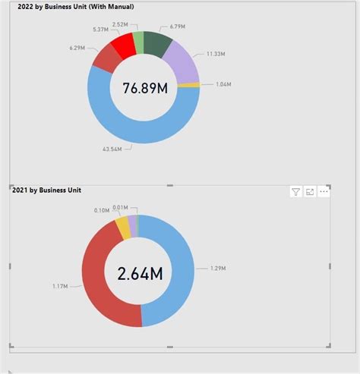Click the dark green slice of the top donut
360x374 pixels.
click(157, 44)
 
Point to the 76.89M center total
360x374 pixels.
click(144, 88)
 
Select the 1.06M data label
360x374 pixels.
click(224, 85)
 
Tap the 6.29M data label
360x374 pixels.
click(77, 47)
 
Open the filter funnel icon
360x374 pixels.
click(296, 192)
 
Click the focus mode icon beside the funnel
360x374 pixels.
click(310, 192)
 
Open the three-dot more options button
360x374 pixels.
click(324, 192)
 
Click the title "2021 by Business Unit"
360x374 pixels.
click(46, 190)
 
